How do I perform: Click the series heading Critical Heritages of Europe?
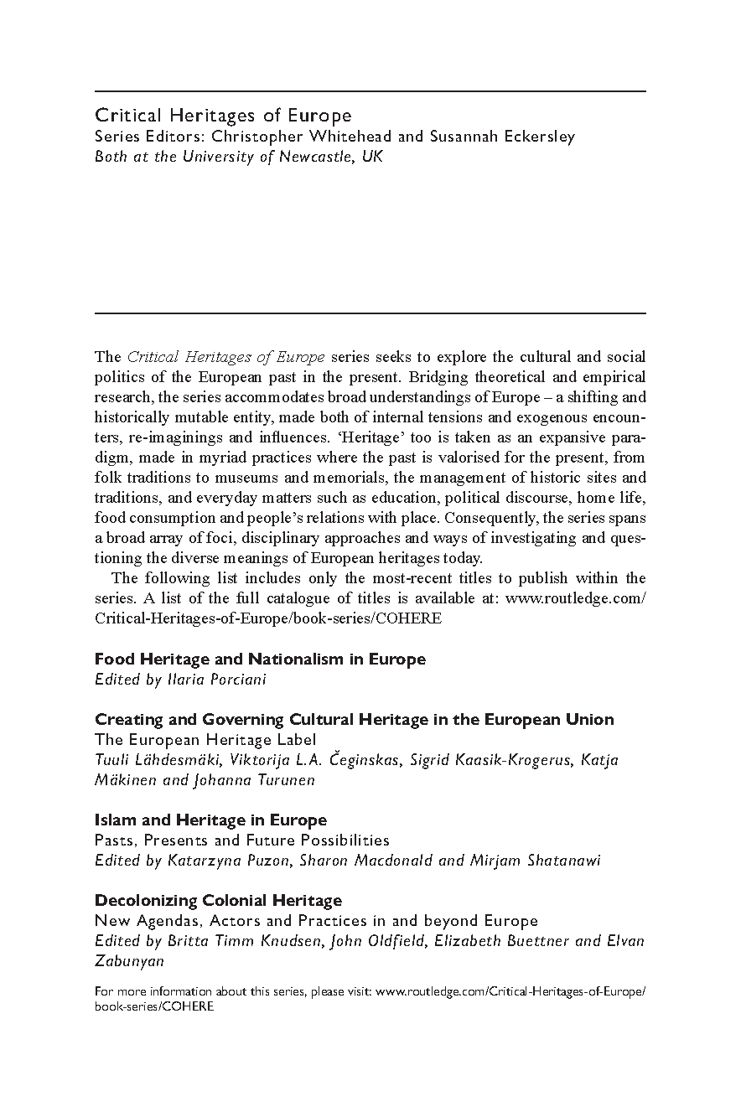coord(223,116)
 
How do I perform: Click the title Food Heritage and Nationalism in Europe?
coord(260,659)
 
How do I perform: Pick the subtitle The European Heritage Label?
coord(205,739)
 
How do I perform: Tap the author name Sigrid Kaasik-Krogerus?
coord(490,760)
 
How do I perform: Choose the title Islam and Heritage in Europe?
coord(210,820)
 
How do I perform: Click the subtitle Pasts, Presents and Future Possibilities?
coord(242,840)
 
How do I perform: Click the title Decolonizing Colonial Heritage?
coord(218,901)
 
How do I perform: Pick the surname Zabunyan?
coord(129,960)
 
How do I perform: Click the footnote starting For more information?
coord(370,999)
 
